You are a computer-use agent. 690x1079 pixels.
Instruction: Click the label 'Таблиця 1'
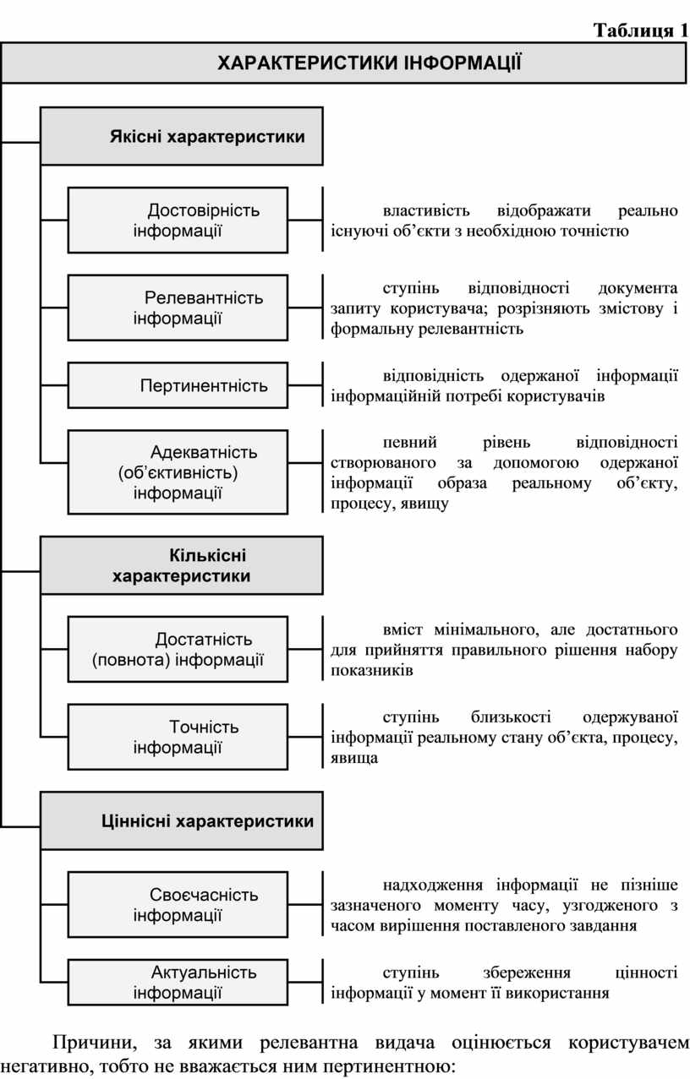(641, 30)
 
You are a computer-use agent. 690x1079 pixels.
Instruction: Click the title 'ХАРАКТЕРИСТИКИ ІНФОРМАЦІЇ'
(369, 63)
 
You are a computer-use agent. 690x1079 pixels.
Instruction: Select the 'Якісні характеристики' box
(182, 136)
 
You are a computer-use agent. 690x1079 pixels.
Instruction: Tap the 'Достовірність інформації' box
(178, 221)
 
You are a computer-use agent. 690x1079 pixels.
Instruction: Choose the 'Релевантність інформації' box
(178, 308)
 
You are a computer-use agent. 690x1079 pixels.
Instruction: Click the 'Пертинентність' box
(178, 385)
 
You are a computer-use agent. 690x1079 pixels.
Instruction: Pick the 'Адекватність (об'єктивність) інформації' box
(178, 472)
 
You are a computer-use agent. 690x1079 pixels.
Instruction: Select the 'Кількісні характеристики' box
(182, 565)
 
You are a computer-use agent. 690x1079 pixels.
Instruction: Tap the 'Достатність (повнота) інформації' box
(178, 649)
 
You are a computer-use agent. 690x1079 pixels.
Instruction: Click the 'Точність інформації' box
(178, 737)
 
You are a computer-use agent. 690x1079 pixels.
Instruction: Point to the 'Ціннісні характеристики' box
(182, 820)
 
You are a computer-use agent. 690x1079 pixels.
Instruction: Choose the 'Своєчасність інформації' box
(178, 905)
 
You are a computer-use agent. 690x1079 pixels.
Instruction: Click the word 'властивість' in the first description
(426, 210)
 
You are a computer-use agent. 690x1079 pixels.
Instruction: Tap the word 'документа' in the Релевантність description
(638, 288)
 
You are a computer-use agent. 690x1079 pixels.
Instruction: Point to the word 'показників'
(372, 671)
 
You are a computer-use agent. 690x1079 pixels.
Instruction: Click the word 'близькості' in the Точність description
(511, 717)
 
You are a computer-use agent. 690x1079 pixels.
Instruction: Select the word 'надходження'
(432, 885)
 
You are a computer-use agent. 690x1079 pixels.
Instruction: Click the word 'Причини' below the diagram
(95, 1044)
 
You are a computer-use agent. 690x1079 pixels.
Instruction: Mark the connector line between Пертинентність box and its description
(304, 385)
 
